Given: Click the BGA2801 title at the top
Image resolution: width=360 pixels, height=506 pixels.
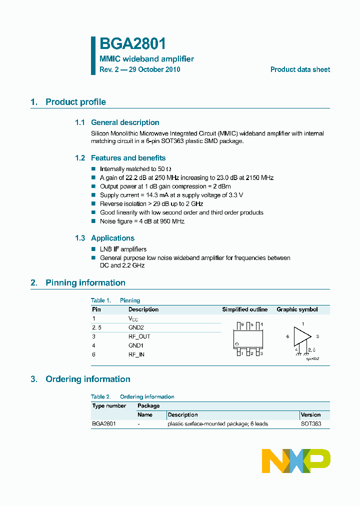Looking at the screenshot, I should pos(132,44).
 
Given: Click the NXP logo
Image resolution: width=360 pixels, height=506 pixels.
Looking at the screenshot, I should pos(296,460).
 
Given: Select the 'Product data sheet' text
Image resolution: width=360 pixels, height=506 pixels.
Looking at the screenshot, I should pos(300,69).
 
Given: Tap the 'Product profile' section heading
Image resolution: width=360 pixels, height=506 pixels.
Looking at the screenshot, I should pos(75,102).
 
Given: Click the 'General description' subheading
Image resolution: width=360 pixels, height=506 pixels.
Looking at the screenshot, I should pos(124,122).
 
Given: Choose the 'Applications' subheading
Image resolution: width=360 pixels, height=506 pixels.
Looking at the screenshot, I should pos(112,238).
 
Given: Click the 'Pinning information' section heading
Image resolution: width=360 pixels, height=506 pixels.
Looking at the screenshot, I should pos(85,283).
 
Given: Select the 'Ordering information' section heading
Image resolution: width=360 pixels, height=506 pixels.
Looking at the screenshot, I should pos(87,379).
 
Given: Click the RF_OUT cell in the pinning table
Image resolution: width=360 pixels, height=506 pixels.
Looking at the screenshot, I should pos(139,336).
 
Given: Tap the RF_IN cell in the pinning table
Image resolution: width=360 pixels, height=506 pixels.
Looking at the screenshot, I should pos(136,354).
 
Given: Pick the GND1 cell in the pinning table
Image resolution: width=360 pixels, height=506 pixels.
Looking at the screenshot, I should pos(136,345).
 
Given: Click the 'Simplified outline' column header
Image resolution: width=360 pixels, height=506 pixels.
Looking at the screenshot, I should pos(244,309).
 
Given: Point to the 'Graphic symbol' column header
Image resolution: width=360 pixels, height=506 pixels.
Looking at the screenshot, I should pos(297,309).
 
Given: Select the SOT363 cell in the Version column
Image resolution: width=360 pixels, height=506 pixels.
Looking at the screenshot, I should pos(311,424).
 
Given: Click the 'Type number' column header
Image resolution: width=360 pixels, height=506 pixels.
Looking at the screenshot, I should pos(109,406).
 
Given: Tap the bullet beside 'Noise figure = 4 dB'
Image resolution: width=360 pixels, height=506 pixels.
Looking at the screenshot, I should pos(93,221).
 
